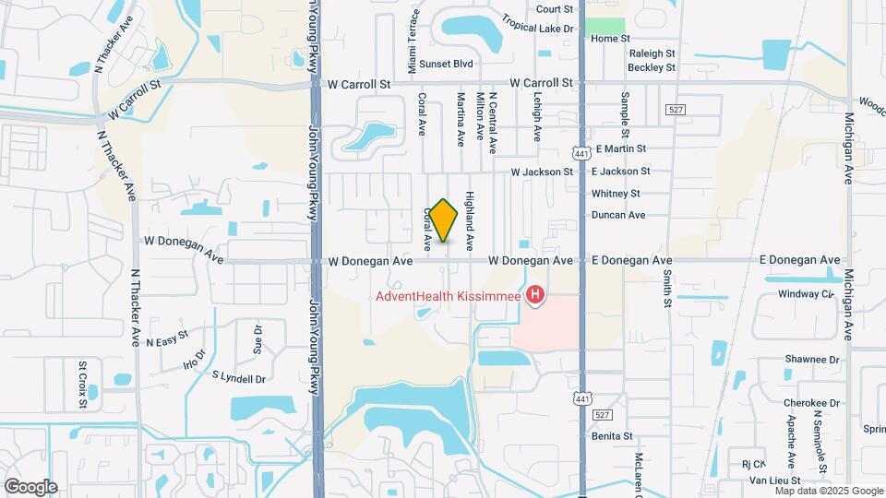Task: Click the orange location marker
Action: pos(443,220)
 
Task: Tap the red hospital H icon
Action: pos(533,296)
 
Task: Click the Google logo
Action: pos(30,486)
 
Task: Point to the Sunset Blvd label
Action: pos(446,64)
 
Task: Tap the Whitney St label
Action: pos(616,194)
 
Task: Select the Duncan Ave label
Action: pos(618,215)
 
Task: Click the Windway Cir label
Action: pos(806,294)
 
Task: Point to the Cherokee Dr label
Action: pos(811,403)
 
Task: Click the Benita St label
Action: pos(612,435)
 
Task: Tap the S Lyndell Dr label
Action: pos(238,377)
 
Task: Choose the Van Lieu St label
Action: pos(773,480)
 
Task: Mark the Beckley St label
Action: pos(652,67)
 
